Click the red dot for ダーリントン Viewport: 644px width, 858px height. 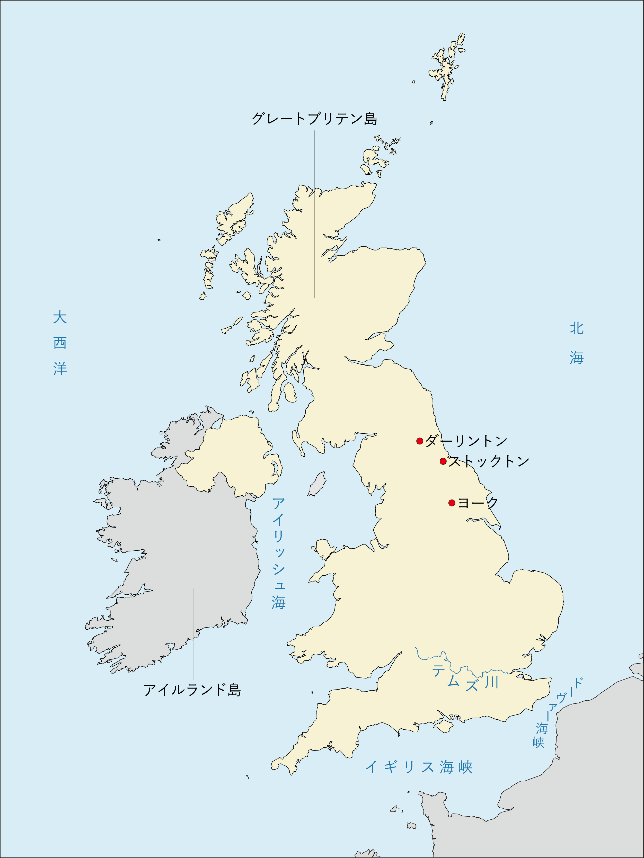click(x=419, y=441)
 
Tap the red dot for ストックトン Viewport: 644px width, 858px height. click(x=443, y=461)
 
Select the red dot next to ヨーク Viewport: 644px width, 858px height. click(x=452, y=503)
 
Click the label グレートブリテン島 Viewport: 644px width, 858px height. click(x=314, y=119)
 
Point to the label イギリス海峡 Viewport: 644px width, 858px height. click(x=419, y=767)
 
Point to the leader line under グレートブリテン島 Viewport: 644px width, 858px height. click(x=314, y=213)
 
